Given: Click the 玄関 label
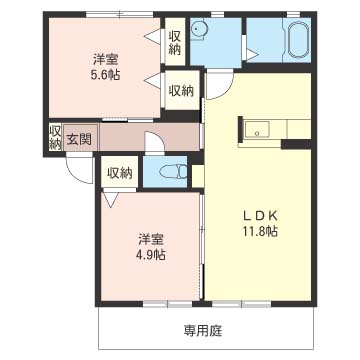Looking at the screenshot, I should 79,138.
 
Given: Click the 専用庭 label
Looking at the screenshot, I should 202,330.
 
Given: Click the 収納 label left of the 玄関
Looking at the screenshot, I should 55,138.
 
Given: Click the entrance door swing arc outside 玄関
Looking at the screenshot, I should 78,170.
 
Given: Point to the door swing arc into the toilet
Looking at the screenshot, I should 155,144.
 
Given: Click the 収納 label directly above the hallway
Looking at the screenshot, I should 180,90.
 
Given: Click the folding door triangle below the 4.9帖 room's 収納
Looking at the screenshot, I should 118,197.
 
